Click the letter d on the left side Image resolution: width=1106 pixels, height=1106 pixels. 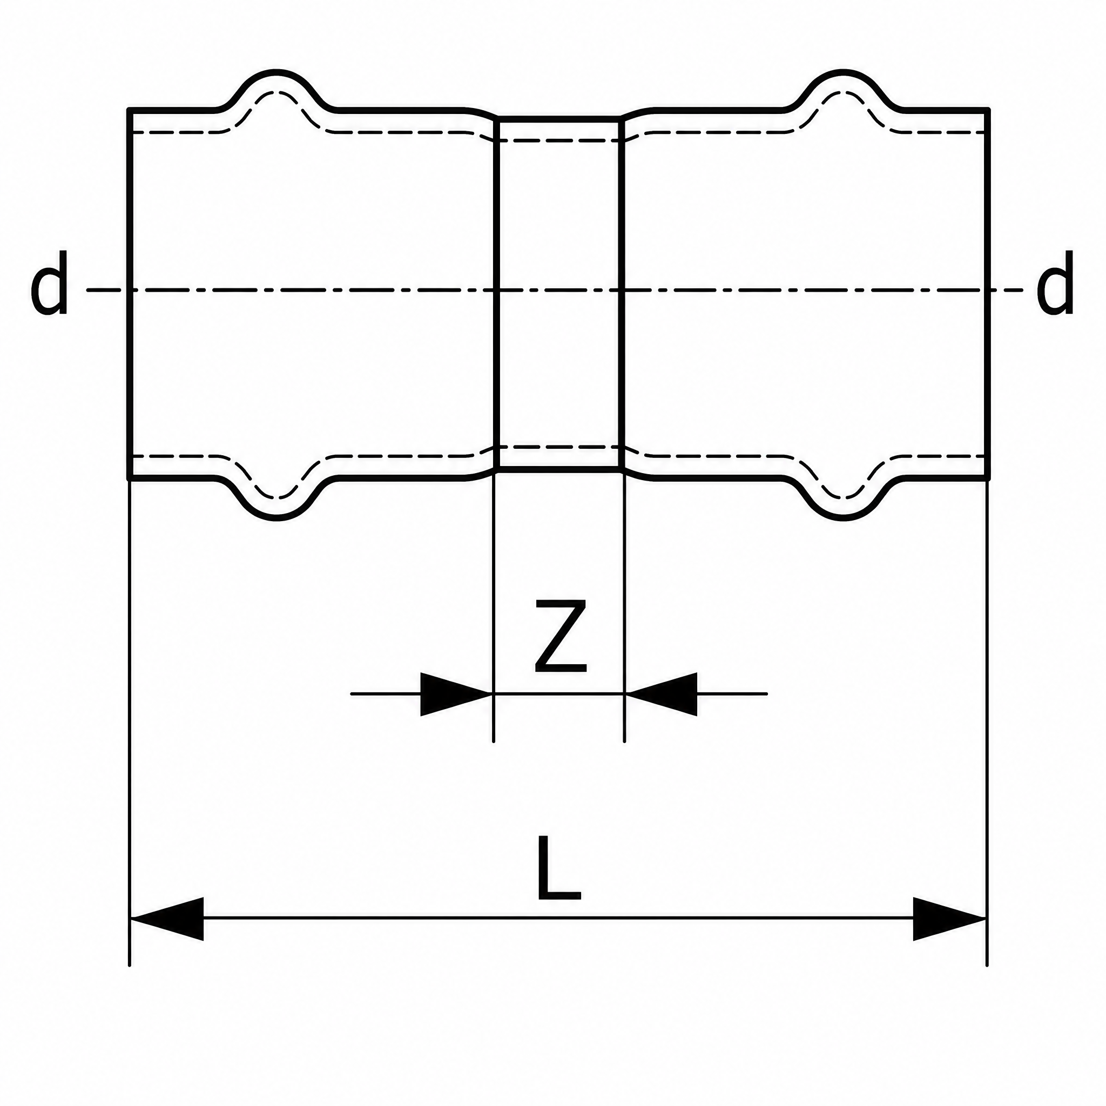pyautogui.click(x=49, y=283)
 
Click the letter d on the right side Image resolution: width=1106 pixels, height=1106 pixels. pyautogui.click(x=1055, y=283)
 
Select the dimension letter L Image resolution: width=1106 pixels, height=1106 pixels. pyautogui.click(x=559, y=867)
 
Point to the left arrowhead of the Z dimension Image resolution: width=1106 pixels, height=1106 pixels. pyautogui.click(x=456, y=694)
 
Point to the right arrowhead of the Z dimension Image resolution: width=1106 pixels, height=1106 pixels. pyautogui.click(x=661, y=694)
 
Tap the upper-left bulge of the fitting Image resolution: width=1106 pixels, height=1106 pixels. pyautogui.click(x=277, y=73)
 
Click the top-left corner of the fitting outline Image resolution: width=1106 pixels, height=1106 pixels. pyautogui.click(x=130, y=109)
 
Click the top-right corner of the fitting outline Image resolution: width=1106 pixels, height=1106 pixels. pyautogui.click(x=988, y=109)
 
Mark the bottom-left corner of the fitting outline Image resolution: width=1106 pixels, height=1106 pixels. pyautogui.click(x=130, y=477)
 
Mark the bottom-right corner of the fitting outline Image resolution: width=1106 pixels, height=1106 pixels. pyautogui.click(x=988, y=477)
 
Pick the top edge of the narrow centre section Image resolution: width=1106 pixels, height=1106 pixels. pyautogui.click(x=559, y=118)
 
